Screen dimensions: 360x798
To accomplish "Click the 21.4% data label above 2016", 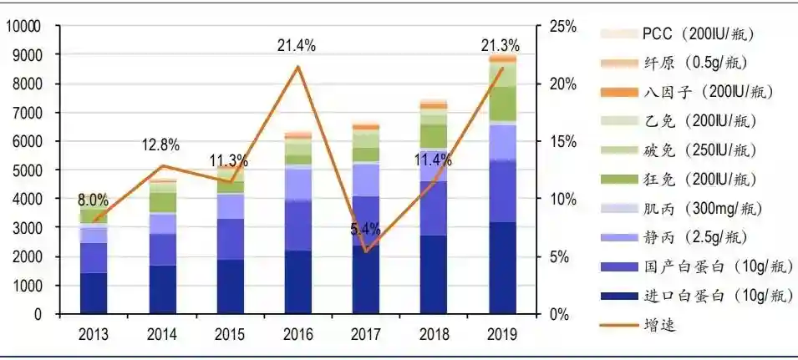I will click(x=297, y=46).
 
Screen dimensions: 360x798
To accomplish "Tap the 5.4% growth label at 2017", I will click(x=365, y=228).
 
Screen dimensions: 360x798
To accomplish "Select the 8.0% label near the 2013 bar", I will click(x=93, y=200).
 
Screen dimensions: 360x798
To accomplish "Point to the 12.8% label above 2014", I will click(x=160, y=145).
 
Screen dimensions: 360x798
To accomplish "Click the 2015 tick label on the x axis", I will click(x=229, y=334).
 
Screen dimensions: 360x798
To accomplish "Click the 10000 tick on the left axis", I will click(x=23, y=27).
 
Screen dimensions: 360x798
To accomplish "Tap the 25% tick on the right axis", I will click(x=562, y=27).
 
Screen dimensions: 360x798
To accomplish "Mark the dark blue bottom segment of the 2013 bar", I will click(x=93, y=293).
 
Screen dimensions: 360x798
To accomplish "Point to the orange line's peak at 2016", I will click(x=297, y=66).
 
